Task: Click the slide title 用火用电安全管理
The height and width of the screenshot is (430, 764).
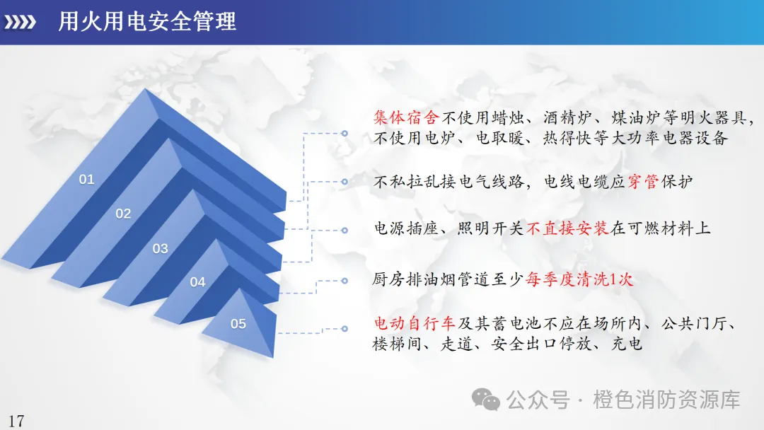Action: click(147, 22)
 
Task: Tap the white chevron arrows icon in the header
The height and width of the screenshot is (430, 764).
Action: click(20, 22)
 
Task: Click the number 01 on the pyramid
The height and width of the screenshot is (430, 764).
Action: click(87, 179)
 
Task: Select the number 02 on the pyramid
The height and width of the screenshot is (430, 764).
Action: click(123, 214)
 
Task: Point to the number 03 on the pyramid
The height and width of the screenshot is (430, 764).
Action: click(161, 248)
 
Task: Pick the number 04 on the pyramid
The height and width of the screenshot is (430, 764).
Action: click(197, 282)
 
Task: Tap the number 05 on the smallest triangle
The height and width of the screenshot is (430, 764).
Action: click(238, 324)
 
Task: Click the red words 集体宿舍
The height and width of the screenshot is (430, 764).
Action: click(406, 117)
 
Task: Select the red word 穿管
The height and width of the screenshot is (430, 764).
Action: click(643, 182)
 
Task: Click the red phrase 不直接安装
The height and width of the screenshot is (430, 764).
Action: click(567, 228)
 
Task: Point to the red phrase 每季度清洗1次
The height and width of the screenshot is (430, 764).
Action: click(579, 279)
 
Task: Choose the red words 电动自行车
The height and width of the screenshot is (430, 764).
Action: click(414, 323)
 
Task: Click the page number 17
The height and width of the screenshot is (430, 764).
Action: click(16, 421)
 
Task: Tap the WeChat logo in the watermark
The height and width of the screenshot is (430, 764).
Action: click(486, 400)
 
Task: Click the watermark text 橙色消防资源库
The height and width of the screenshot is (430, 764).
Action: click(666, 400)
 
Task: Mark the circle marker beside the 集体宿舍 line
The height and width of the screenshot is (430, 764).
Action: click(345, 133)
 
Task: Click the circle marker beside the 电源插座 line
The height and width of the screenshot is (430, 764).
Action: click(345, 231)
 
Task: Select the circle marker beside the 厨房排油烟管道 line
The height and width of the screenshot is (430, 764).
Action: click(345, 281)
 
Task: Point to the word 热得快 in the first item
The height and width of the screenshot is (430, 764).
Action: click(567, 139)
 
